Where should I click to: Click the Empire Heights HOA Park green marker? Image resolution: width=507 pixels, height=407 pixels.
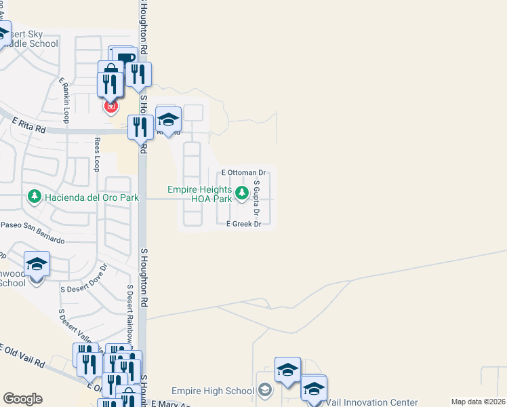click(x=241, y=195)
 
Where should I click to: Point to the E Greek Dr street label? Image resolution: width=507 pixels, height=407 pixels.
click(x=243, y=224)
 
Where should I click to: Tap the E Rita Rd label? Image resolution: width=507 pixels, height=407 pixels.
click(x=28, y=125)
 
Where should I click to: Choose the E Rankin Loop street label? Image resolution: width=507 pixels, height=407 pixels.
click(x=64, y=100)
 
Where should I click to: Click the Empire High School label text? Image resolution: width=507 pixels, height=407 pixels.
click(x=212, y=391)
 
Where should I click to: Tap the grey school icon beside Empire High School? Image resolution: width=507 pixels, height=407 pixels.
click(x=265, y=391)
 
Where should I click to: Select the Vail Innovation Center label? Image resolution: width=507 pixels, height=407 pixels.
click(x=371, y=402)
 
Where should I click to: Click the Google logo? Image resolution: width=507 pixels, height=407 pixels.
click(x=22, y=399)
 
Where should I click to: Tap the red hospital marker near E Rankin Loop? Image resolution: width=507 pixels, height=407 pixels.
click(x=110, y=106)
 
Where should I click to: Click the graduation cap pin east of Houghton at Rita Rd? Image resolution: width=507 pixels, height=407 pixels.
click(x=168, y=120)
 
